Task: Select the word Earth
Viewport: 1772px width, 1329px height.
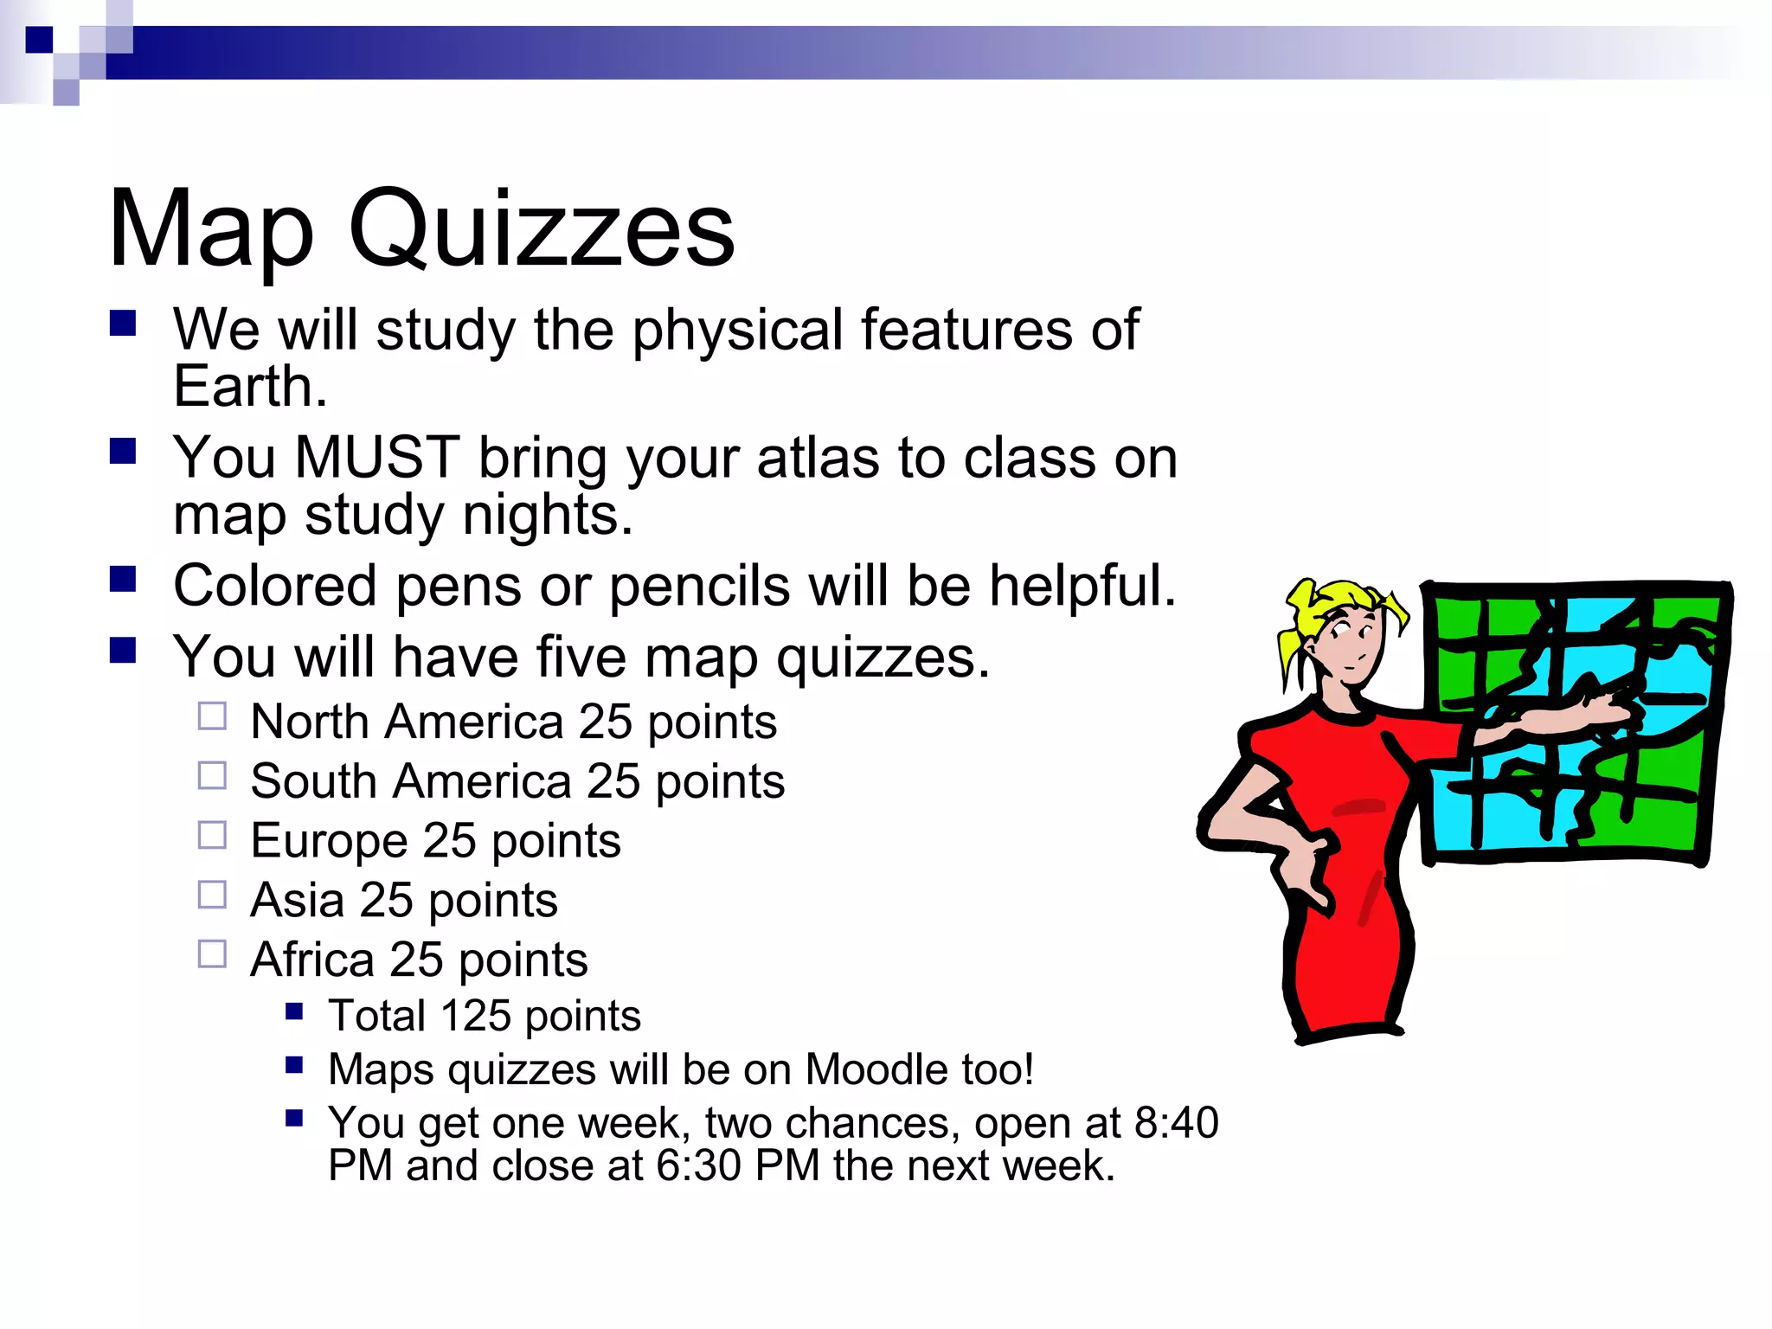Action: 250,386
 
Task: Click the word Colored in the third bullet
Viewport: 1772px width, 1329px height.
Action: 275,586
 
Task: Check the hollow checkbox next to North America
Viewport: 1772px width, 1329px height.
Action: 212,716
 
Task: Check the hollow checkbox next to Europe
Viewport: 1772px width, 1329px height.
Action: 212,836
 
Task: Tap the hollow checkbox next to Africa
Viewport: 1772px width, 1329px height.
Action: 212,954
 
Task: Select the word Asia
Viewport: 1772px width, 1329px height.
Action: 297,900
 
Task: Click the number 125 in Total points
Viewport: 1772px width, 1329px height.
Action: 475,1016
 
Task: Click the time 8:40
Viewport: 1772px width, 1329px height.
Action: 1176,1123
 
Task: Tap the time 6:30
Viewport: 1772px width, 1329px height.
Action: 699,1165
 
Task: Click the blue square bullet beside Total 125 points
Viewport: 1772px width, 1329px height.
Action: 294,1011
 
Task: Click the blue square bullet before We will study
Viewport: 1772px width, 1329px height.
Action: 123,324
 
